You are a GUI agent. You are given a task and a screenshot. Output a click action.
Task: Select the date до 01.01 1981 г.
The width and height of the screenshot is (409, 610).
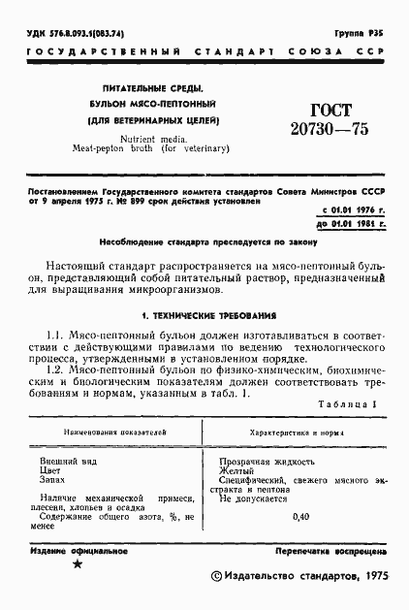pyautogui.click(x=352, y=224)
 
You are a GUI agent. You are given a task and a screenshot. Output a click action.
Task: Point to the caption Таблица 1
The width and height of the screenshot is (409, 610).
pyautogui.click(x=348, y=403)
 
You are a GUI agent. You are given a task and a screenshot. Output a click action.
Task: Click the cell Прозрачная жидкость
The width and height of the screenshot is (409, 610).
pyautogui.click(x=267, y=461)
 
